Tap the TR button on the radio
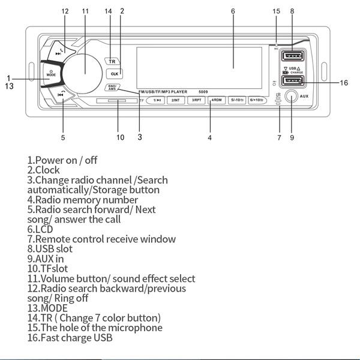click(112, 61)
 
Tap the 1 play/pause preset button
click(157, 100)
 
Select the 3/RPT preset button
click(196, 100)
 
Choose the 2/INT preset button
click(176, 100)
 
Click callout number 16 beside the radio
click(344, 83)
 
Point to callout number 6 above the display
click(233, 11)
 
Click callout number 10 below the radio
click(120, 137)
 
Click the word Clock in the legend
click(47, 170)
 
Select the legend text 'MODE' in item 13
click(54, 308)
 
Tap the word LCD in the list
click(44, 229)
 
